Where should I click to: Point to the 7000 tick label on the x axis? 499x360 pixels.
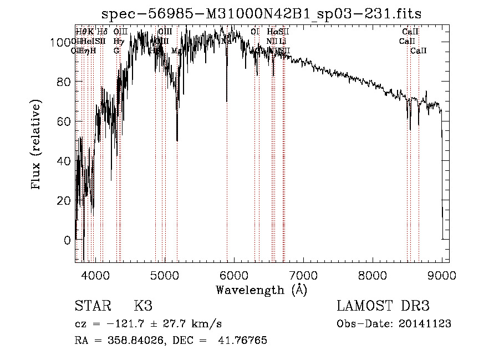303,276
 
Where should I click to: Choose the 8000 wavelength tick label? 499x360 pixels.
373,276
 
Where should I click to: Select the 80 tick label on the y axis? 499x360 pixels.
64,82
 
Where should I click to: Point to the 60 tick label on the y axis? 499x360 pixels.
64,121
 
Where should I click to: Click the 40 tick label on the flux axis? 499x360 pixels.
64,161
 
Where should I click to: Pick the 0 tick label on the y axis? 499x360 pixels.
67,240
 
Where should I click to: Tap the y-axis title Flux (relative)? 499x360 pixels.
37,145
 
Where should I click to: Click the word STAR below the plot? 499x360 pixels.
92,306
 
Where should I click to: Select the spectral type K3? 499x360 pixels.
143,306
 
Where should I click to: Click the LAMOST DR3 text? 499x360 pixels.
383,306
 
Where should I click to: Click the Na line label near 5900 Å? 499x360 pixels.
226,41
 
